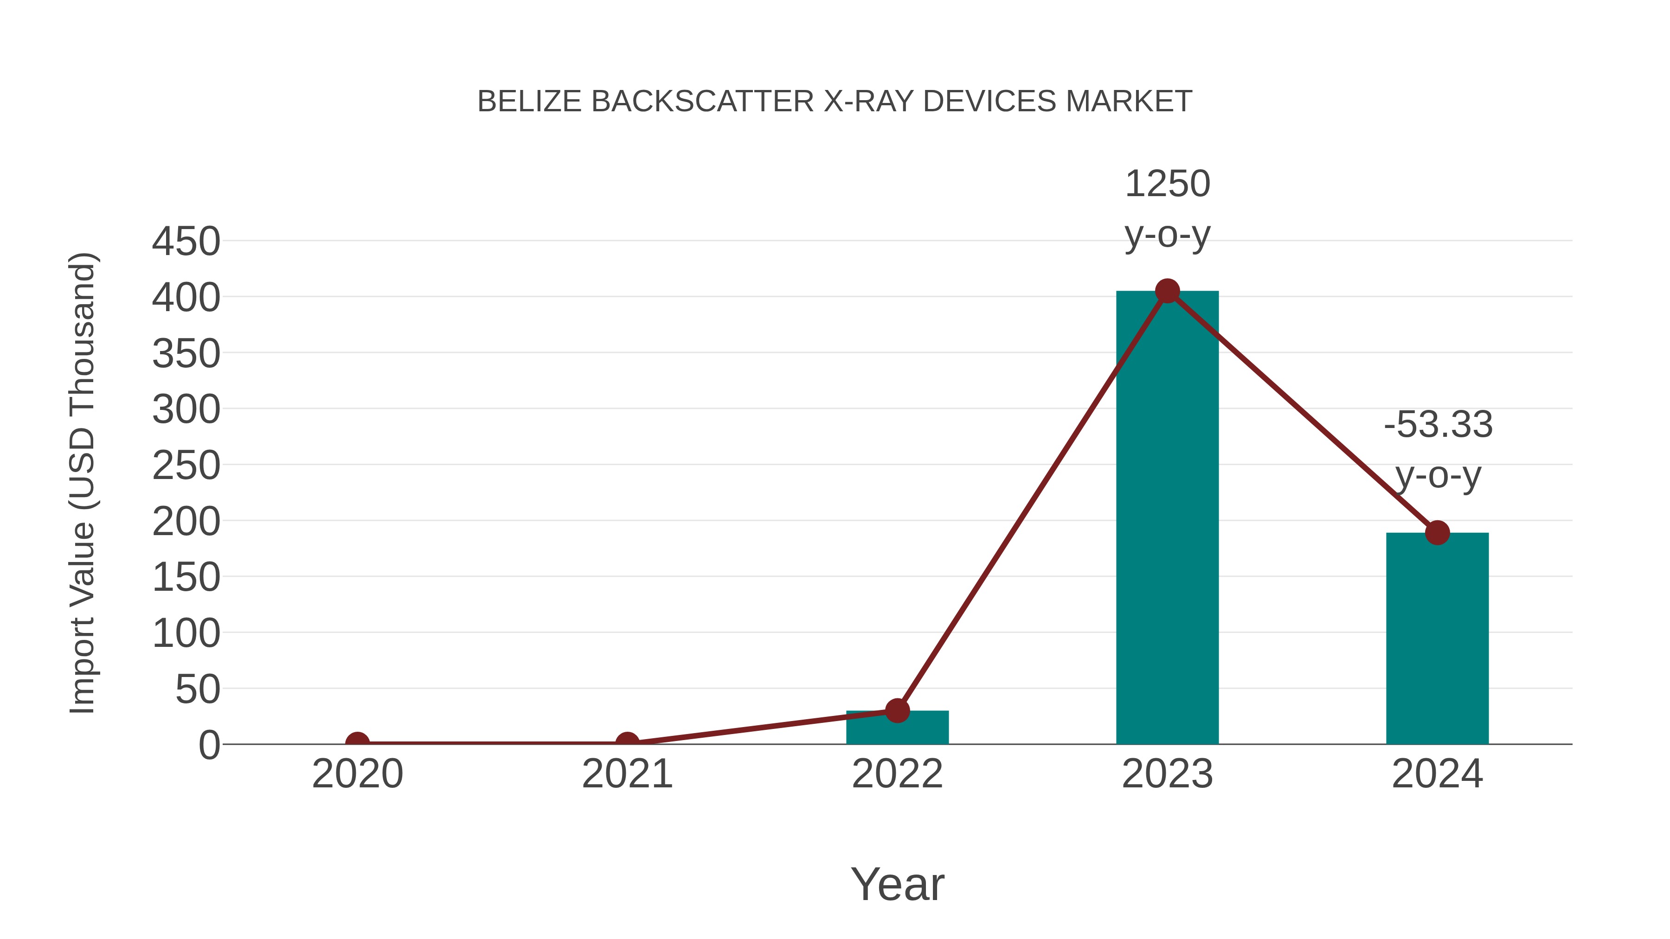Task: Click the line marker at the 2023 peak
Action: [x=1167, y=291]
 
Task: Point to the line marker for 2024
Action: [x=1437, y=533]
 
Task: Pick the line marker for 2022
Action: [x=897, y=711]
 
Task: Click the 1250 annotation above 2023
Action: [x=1167, y=184]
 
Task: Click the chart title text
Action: [x=835, y=102]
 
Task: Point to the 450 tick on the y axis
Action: [x=186, y=242]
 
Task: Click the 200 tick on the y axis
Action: [x=186, y=521]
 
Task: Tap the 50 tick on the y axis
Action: [x=198, y=690]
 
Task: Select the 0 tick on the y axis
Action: [x=209, y=745]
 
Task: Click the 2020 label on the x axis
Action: [x=357, y=774]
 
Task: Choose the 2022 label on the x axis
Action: [x=897, y=774]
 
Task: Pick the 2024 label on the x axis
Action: [x=1437, y=774]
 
